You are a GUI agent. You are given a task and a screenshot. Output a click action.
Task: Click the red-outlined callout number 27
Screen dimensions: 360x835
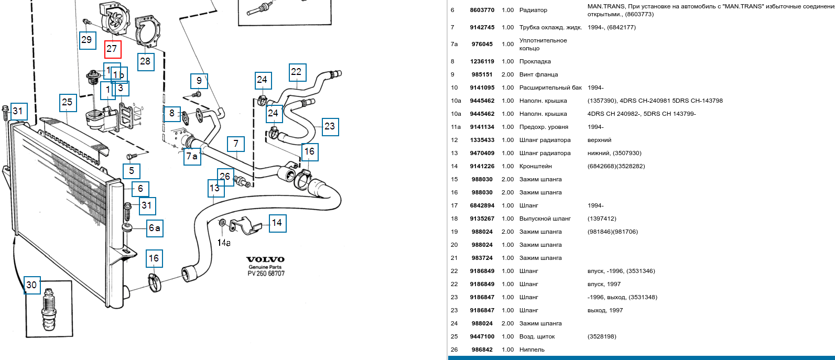click(112, 49)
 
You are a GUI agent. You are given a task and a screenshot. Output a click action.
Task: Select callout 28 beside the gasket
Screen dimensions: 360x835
click(145, 61)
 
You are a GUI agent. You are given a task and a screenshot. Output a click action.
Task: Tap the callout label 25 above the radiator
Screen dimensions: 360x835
click(67, 102)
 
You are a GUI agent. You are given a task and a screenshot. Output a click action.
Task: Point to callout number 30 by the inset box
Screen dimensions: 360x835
click(31, 285)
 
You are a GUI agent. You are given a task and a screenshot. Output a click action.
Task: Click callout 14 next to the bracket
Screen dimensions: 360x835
click(277, 223)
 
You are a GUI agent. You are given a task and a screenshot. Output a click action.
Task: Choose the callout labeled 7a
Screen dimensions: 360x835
click(192, 156)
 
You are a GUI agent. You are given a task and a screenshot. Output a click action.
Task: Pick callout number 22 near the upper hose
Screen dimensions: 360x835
click(297, 72)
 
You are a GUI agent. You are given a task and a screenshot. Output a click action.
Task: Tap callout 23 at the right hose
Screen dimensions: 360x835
click(330, 126)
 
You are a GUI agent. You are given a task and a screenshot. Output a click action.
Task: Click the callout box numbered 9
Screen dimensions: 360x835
click(199, 81)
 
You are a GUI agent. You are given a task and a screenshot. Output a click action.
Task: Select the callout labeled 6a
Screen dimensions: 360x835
click(155, 227)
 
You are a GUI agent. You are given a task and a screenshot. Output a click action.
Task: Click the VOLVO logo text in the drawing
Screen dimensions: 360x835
click(266, 259)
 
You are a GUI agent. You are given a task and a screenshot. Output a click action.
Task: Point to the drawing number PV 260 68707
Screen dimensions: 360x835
click(266, 274)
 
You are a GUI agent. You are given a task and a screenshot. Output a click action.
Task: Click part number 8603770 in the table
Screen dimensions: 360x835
click(482, 10)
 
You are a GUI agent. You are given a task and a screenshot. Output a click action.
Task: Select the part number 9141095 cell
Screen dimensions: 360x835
click(482, 88)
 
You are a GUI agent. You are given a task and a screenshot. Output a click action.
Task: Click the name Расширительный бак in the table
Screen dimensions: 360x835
click(550, 88)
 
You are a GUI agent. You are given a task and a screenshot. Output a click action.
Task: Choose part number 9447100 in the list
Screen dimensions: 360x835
click(482, 336)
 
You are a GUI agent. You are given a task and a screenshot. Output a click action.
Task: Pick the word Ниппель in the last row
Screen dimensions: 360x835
click(532, 350)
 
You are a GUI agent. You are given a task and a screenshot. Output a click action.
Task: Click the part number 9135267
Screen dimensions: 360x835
click(482, 219)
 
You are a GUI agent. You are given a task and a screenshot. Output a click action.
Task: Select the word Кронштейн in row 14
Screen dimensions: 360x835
click(536, 166)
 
